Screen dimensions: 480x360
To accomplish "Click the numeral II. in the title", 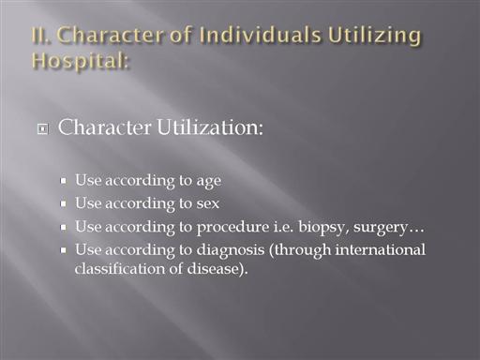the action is (40, 35).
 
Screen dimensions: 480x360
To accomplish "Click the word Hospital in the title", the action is (79, 61).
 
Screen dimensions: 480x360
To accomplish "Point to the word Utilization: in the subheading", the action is (210, 127).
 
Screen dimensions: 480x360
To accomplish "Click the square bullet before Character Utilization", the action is (43, 129).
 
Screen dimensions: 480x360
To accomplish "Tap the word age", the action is (209, 182).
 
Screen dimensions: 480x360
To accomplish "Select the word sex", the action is (208, 204).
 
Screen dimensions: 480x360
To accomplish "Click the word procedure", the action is (232, 227).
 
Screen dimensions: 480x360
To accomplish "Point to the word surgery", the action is (381, 228).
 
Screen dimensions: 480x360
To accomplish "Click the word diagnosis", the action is (231, 250).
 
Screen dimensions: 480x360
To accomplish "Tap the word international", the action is (380, 249).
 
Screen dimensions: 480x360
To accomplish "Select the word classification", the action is (119, 269).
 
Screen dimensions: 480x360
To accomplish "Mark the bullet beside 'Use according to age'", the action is (64, 181).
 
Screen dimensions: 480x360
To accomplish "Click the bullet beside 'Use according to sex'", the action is (64, 203).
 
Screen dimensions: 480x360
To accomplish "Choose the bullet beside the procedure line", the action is (64, 227).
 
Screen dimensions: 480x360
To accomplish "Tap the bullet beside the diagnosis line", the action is (64, 250).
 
